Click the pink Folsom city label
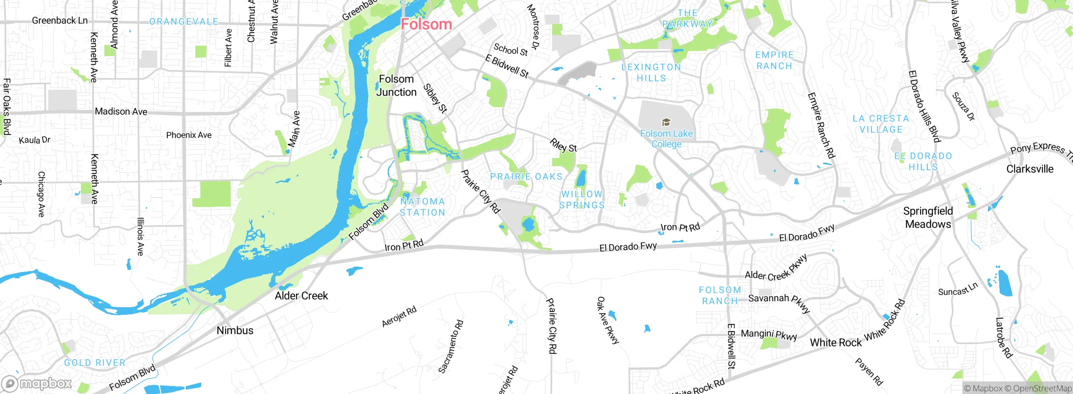[426, 24]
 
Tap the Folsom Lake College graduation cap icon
[666, 122]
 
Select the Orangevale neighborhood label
[184, 21]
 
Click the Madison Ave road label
[121, 111]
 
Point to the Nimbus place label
[235, 330]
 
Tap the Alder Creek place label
[301, 296]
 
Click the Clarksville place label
[1029, 169]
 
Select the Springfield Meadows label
[928, 218]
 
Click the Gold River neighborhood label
[95, 363]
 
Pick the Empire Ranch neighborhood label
[774, 60]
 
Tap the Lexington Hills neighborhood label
[651, 73]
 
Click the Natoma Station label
[422, 207]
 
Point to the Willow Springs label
[582, 200]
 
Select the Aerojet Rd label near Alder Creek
[399, 317]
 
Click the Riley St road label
[563, 145]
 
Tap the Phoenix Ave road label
[189, 135]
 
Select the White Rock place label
[835, 342]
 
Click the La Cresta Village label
[881, 124]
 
